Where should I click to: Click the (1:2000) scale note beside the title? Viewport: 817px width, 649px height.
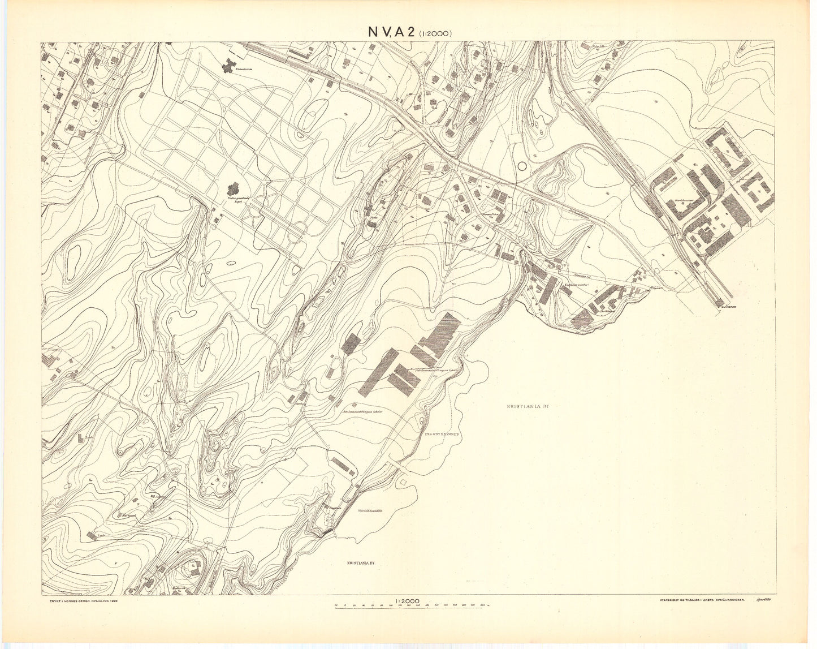pos(435,34)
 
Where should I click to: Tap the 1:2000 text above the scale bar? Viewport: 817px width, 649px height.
pos(408,601)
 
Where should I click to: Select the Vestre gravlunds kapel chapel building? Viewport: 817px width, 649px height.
pos(232,188)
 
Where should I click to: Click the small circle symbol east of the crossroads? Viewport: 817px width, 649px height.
pos(521,166)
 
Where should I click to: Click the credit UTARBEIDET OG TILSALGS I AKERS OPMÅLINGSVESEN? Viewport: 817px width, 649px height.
pos(701,599)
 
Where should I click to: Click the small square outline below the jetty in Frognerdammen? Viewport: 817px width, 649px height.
pos(403,480)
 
